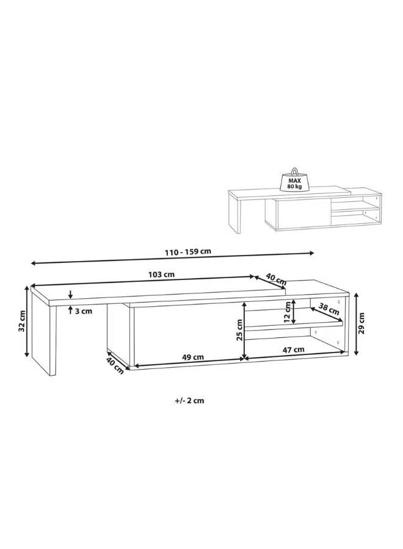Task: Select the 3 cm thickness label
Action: tap(84, 311)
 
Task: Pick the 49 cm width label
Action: tap(194, 357)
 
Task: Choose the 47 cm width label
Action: tap(294, 350)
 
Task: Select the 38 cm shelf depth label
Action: tap(329, 309)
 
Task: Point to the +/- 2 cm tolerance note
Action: tap(189, 401)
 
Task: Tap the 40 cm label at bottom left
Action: tap(113, 365)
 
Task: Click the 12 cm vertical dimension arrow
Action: tap(294, 312)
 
